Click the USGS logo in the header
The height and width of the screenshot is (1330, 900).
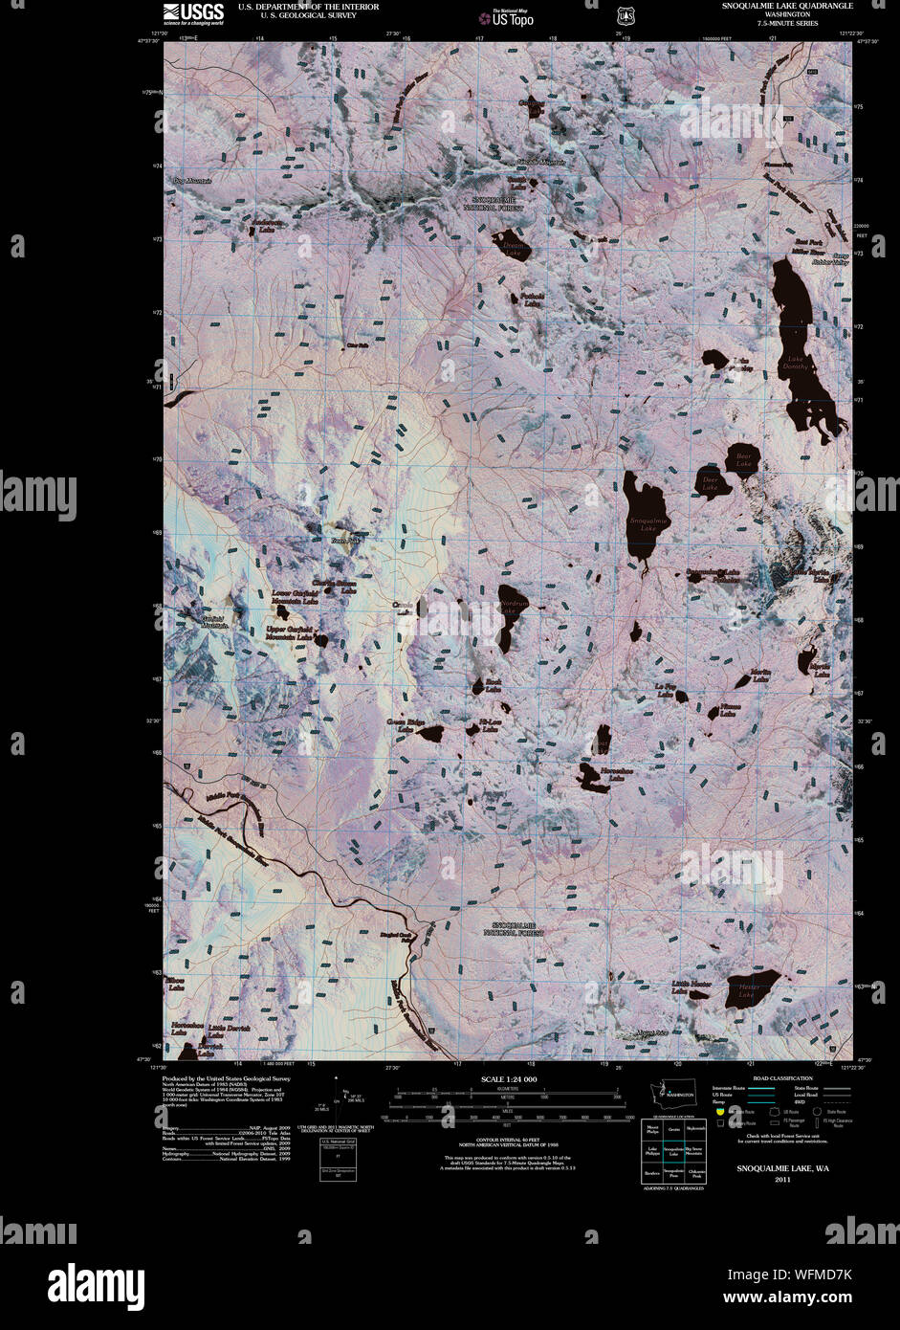[193, 13]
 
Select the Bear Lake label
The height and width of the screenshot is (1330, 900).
[743, 460]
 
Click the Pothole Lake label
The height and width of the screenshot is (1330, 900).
[532, 300]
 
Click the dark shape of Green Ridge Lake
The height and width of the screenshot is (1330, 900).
[431, 735]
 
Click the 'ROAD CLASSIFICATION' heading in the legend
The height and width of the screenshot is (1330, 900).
[776, 1078]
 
